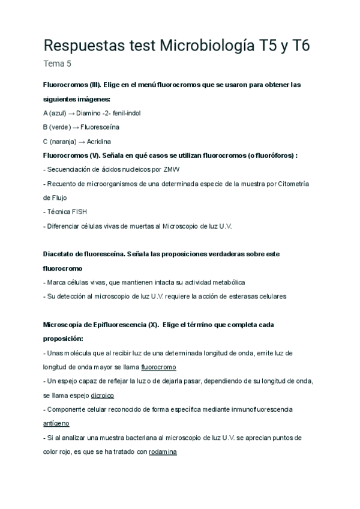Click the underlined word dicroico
pos(102,396)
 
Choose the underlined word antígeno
pos(57,423)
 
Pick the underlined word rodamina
pos(163,452)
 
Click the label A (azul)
pos(55,113)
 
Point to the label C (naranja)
pos(59,141)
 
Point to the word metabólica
pos(226,282)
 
